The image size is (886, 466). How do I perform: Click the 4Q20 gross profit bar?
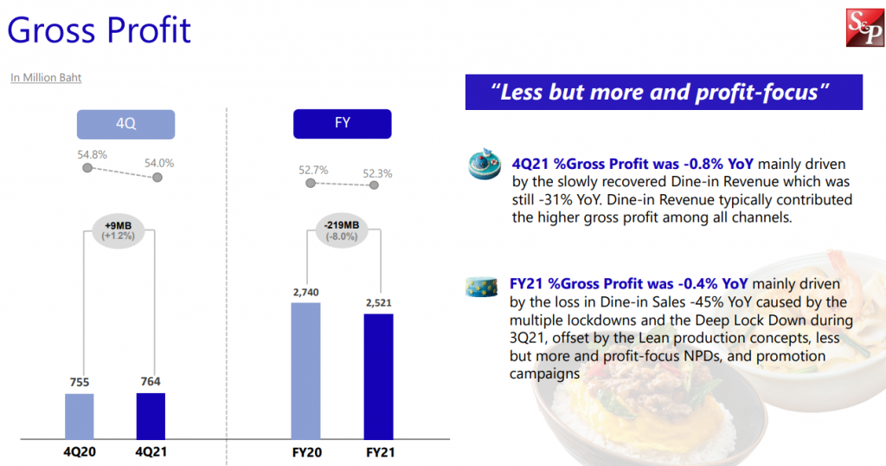pyautogui.click(x=80, y=416)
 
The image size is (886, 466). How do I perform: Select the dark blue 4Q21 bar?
pyautogui.click(x=151, y=416)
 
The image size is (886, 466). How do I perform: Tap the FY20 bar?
pyautogui.click(x=306, y=370)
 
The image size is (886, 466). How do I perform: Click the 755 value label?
pyautogui.click(x=80, y=383)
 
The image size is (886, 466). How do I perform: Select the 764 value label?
pyautogui.click(x=151, y=381)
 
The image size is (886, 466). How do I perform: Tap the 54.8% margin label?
pyautogui.click(x=92, y=154)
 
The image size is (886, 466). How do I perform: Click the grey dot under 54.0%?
pyautogui.click(x=157, y=178)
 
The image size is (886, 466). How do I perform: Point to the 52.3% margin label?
pyautogui.click(x=377, y=173)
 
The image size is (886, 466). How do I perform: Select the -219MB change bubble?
pyautogui.click(x=342, y=230)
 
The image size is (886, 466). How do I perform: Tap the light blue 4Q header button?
pyautogui.click(x=125, y=124)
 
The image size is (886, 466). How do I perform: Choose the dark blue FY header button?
pyautogui.click(x=342, y=124)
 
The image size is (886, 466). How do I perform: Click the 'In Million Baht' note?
pyautogui.click(x=46, y=78)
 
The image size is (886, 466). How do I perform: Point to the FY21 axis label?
pyautogui.click(x=378, y=452)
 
